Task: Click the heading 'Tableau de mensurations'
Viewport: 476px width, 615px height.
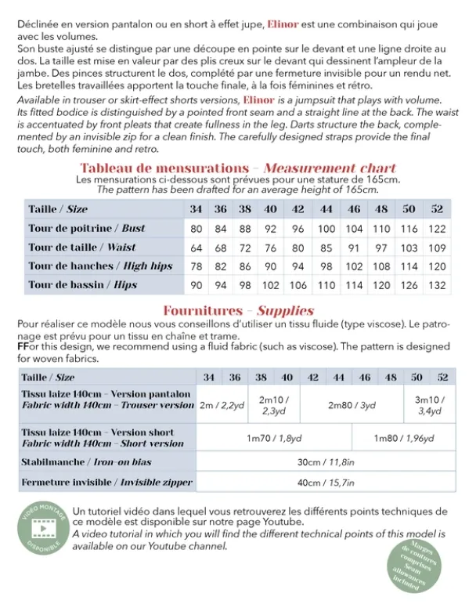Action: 164,168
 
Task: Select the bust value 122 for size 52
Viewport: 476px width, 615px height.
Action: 437,228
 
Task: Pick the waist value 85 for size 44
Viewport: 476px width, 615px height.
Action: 326,248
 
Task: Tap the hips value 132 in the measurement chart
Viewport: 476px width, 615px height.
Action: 437,285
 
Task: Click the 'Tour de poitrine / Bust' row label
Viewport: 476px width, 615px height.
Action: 87,228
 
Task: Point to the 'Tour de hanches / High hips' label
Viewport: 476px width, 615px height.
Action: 100,266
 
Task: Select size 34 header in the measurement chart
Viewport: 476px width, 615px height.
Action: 196,209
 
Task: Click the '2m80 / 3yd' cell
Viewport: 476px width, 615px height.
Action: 352,405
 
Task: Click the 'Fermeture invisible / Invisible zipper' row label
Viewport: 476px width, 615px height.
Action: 106,483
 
